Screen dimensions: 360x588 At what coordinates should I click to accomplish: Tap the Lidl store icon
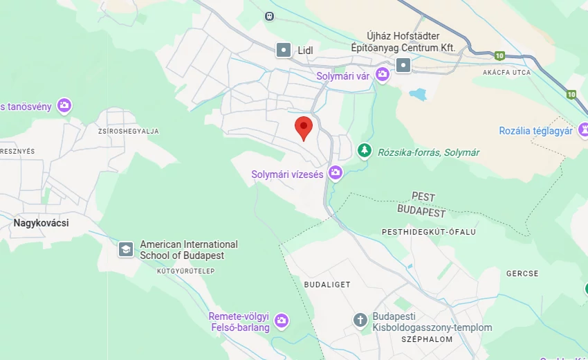click(x=284, y=50)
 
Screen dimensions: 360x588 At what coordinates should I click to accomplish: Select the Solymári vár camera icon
click(x=382, y=75)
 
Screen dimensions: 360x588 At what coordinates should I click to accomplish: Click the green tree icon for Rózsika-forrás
click(x=364, y=150)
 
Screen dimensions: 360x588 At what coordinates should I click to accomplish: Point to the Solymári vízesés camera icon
click(x=336, y=173)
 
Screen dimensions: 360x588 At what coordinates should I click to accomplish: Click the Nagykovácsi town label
click(x=41, y=223)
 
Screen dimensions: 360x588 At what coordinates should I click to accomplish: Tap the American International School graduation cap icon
click(x=126, y=249)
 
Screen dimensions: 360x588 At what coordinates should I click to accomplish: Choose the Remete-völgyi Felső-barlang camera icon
click(x=281, y=321)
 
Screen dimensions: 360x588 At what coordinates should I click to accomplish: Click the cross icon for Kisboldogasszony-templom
click(x=360, y=320)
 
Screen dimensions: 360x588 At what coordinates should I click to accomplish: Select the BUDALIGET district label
click(x=327, y=285)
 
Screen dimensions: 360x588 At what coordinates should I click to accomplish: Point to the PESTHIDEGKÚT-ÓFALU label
click(x=429, y=232)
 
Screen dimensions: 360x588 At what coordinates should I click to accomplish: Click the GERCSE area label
click(x=522, y=273)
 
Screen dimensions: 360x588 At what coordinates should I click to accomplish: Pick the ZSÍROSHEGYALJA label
click(x=129, y=131)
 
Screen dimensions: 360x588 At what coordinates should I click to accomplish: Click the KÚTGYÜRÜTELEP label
click(x=185, y=271)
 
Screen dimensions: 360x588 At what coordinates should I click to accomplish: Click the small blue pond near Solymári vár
click(x=418, y=93)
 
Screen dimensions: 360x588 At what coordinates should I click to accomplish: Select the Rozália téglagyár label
click(x=535, y=131)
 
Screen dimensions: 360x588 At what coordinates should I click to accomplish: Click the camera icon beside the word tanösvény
click(x=64, y=106)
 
